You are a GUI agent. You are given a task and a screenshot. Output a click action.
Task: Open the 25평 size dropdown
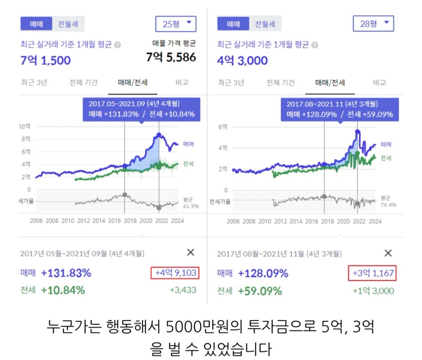pyautogui.click(x=176, y=24)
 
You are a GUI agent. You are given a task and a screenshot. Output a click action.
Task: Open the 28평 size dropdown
pyautogui.click(x=373, y=24)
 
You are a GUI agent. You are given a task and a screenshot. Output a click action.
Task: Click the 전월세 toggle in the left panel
pyautogui.click(x=68, y=24)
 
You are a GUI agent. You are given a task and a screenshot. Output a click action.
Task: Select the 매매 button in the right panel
pyautogui.click(x=234, y=24)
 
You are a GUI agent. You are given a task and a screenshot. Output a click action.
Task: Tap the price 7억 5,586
pyautogui.click(x=171, y=57)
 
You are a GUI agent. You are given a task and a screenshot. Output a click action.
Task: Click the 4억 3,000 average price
pyautogui.click(x=242, y=60)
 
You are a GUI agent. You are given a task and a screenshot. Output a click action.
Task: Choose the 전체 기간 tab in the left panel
pyautogui.click(x=83, y=82)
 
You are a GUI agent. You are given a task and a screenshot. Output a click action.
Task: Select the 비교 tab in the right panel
pyautogui.click(x=379, y=82)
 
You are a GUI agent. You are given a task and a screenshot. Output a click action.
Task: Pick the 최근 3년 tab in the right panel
pyautogui.click(x=231, y=82)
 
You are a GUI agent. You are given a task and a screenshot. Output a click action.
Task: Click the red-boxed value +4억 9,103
pyautogui.click(x=176, y=272)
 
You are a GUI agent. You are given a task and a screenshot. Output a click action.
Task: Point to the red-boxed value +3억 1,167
pyautogui.click(x=372, y=273)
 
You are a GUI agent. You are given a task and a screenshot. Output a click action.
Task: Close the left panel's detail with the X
pyautogui.click(x=190, y=253)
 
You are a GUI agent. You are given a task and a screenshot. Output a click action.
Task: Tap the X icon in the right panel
pyautogui.click(x=388, y=253)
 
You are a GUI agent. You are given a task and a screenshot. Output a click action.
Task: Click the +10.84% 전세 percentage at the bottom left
pyautogui.click(x=63, y=290)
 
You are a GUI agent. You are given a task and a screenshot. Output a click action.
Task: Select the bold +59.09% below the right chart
pyautogui.click(x=260, y=291)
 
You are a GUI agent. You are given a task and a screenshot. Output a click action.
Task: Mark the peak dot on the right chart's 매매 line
pyautogui.click(x=357, y=132)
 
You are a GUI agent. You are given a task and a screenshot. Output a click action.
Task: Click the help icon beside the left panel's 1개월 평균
pyautogui.click(x=117, y=45)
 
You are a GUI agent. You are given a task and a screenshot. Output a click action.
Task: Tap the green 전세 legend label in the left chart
pyautogui.click(x=188, y=164)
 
